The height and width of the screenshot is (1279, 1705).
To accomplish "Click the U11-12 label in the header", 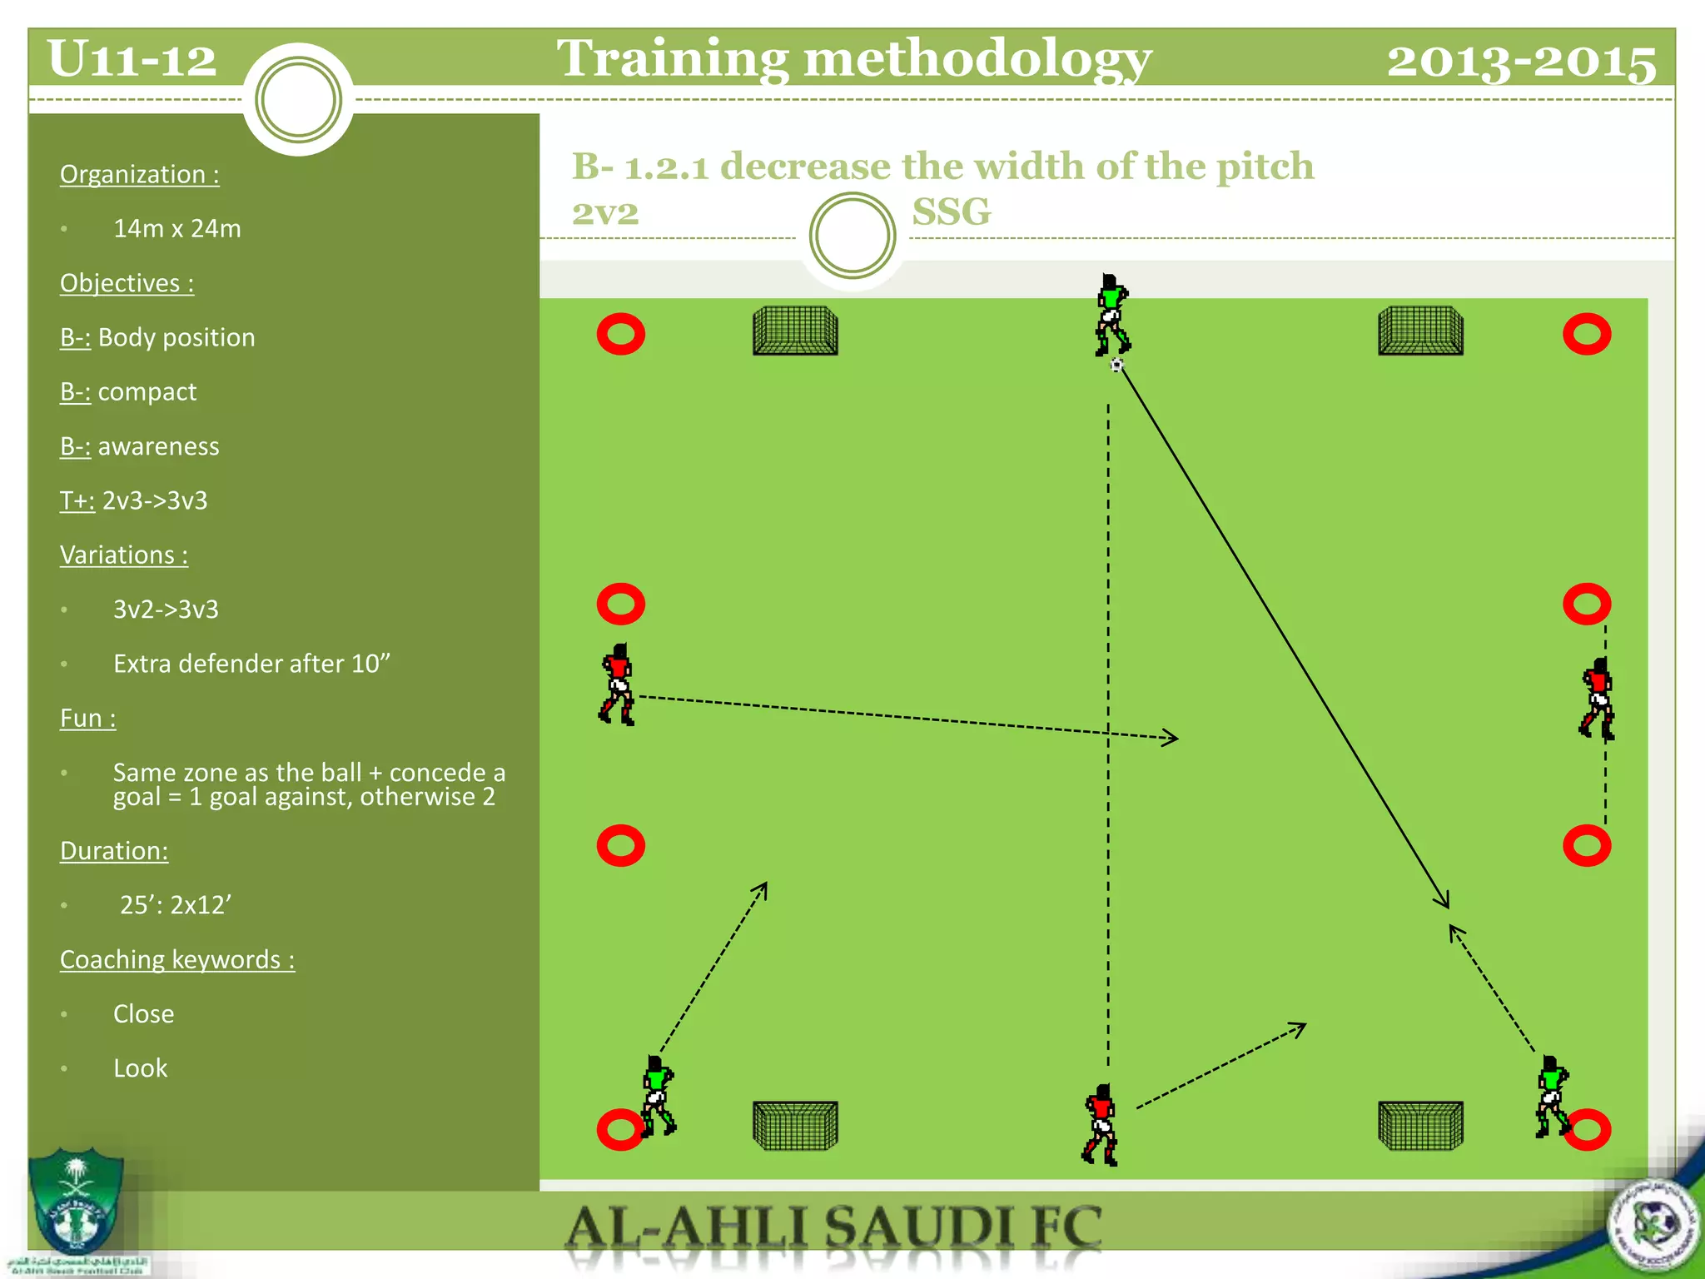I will [132, 59].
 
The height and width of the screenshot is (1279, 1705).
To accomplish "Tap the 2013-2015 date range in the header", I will [1520, 61].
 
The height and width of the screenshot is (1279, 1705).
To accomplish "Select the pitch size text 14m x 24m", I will [176, 228].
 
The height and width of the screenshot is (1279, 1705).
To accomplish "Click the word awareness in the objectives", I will [158, 446].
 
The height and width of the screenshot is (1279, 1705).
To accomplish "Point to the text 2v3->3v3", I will [155, 500].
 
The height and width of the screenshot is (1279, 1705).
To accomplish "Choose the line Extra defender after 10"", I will [251, 664].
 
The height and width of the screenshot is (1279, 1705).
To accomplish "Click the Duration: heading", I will [114, 850].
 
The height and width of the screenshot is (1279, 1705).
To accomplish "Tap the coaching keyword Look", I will [140, 1068].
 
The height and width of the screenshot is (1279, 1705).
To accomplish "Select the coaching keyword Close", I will [143, 1013].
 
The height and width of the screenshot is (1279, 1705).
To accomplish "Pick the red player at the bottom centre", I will [1101, 1124].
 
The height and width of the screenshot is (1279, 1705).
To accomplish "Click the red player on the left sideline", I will [618, 684].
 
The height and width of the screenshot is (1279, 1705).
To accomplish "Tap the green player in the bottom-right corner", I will [1552, 1096].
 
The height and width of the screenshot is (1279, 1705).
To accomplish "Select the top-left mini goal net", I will [795, 331].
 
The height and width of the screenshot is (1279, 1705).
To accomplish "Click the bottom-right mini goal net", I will [1420, 1126].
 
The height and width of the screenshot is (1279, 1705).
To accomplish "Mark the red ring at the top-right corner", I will [1587, 334].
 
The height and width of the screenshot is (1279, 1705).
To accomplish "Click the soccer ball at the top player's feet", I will [1116, 365].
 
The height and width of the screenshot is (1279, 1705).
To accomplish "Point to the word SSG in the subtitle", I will [951, 212].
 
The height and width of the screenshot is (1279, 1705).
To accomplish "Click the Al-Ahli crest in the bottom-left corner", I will [76, 1203].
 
